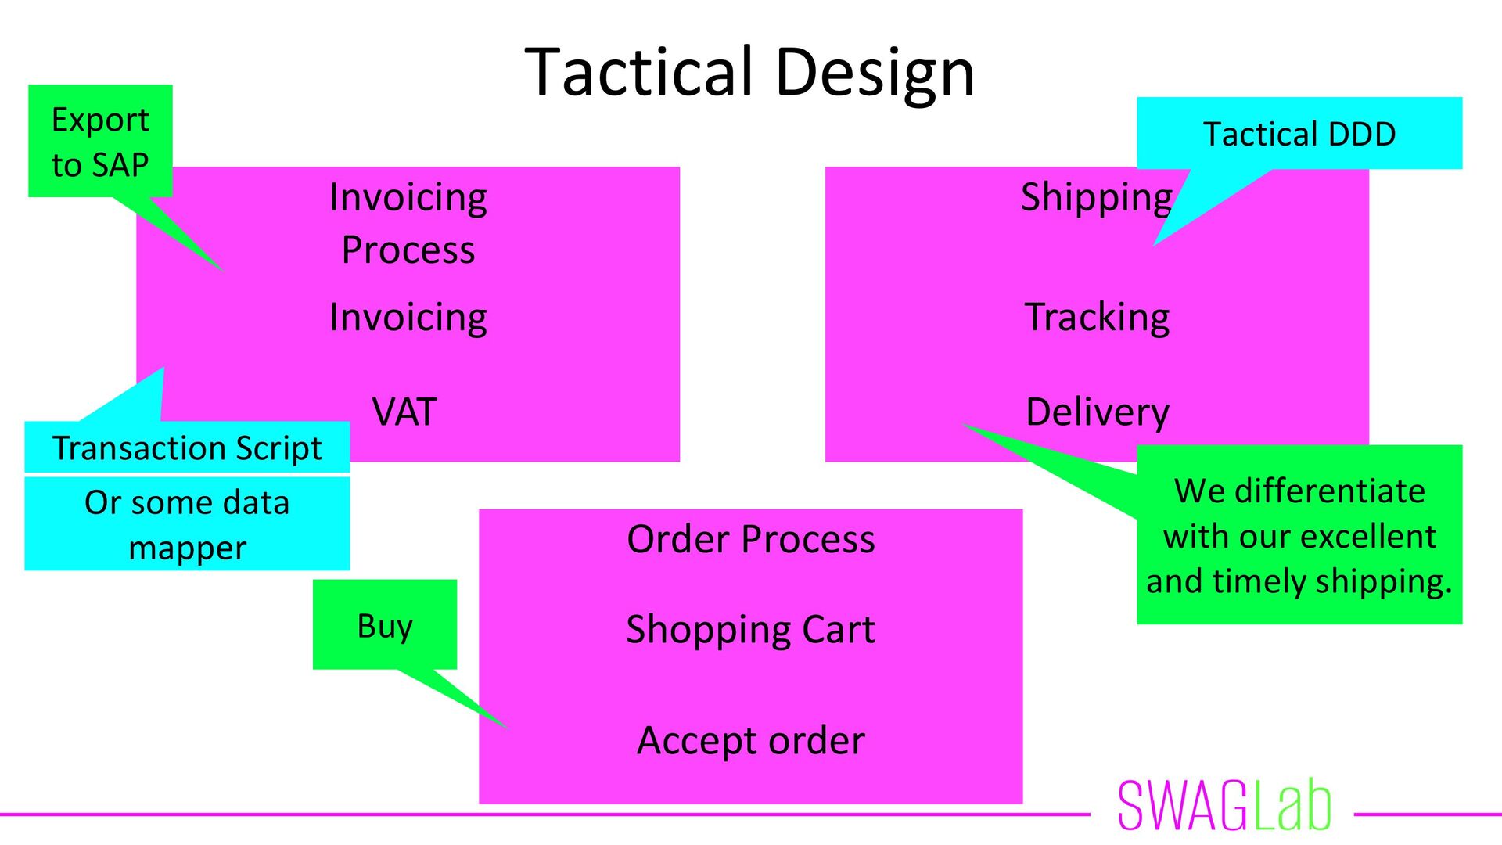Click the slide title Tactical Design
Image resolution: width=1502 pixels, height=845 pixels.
[749, 71]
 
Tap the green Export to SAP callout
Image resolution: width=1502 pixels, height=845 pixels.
[100, 141]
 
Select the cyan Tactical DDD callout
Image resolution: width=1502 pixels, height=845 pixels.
[1299, 134]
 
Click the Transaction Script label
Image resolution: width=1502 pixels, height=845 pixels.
[187, 448]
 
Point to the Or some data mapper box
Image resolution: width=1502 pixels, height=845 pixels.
[187, 524]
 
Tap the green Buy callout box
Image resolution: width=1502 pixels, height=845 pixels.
[384, 624]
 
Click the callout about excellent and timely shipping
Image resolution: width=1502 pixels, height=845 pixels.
[1299, 535]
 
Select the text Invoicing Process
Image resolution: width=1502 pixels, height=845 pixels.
[408, 223]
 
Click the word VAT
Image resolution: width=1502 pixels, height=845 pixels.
[404, 412]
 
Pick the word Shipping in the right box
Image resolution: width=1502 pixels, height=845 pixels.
[1096, 197]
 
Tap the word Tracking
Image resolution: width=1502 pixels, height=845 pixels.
[1097, 317]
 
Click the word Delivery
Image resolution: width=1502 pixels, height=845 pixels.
[1097, 412]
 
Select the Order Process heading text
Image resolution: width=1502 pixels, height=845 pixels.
[750, 539]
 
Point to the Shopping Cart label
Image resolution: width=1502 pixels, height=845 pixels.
[750, 629]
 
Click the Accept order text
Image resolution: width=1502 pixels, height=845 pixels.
[750, 740]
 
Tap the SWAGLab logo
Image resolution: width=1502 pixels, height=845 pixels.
[1224, 805]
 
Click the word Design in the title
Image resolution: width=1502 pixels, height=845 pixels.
[875, 71]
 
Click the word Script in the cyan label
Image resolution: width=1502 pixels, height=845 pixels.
[278, 448]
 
